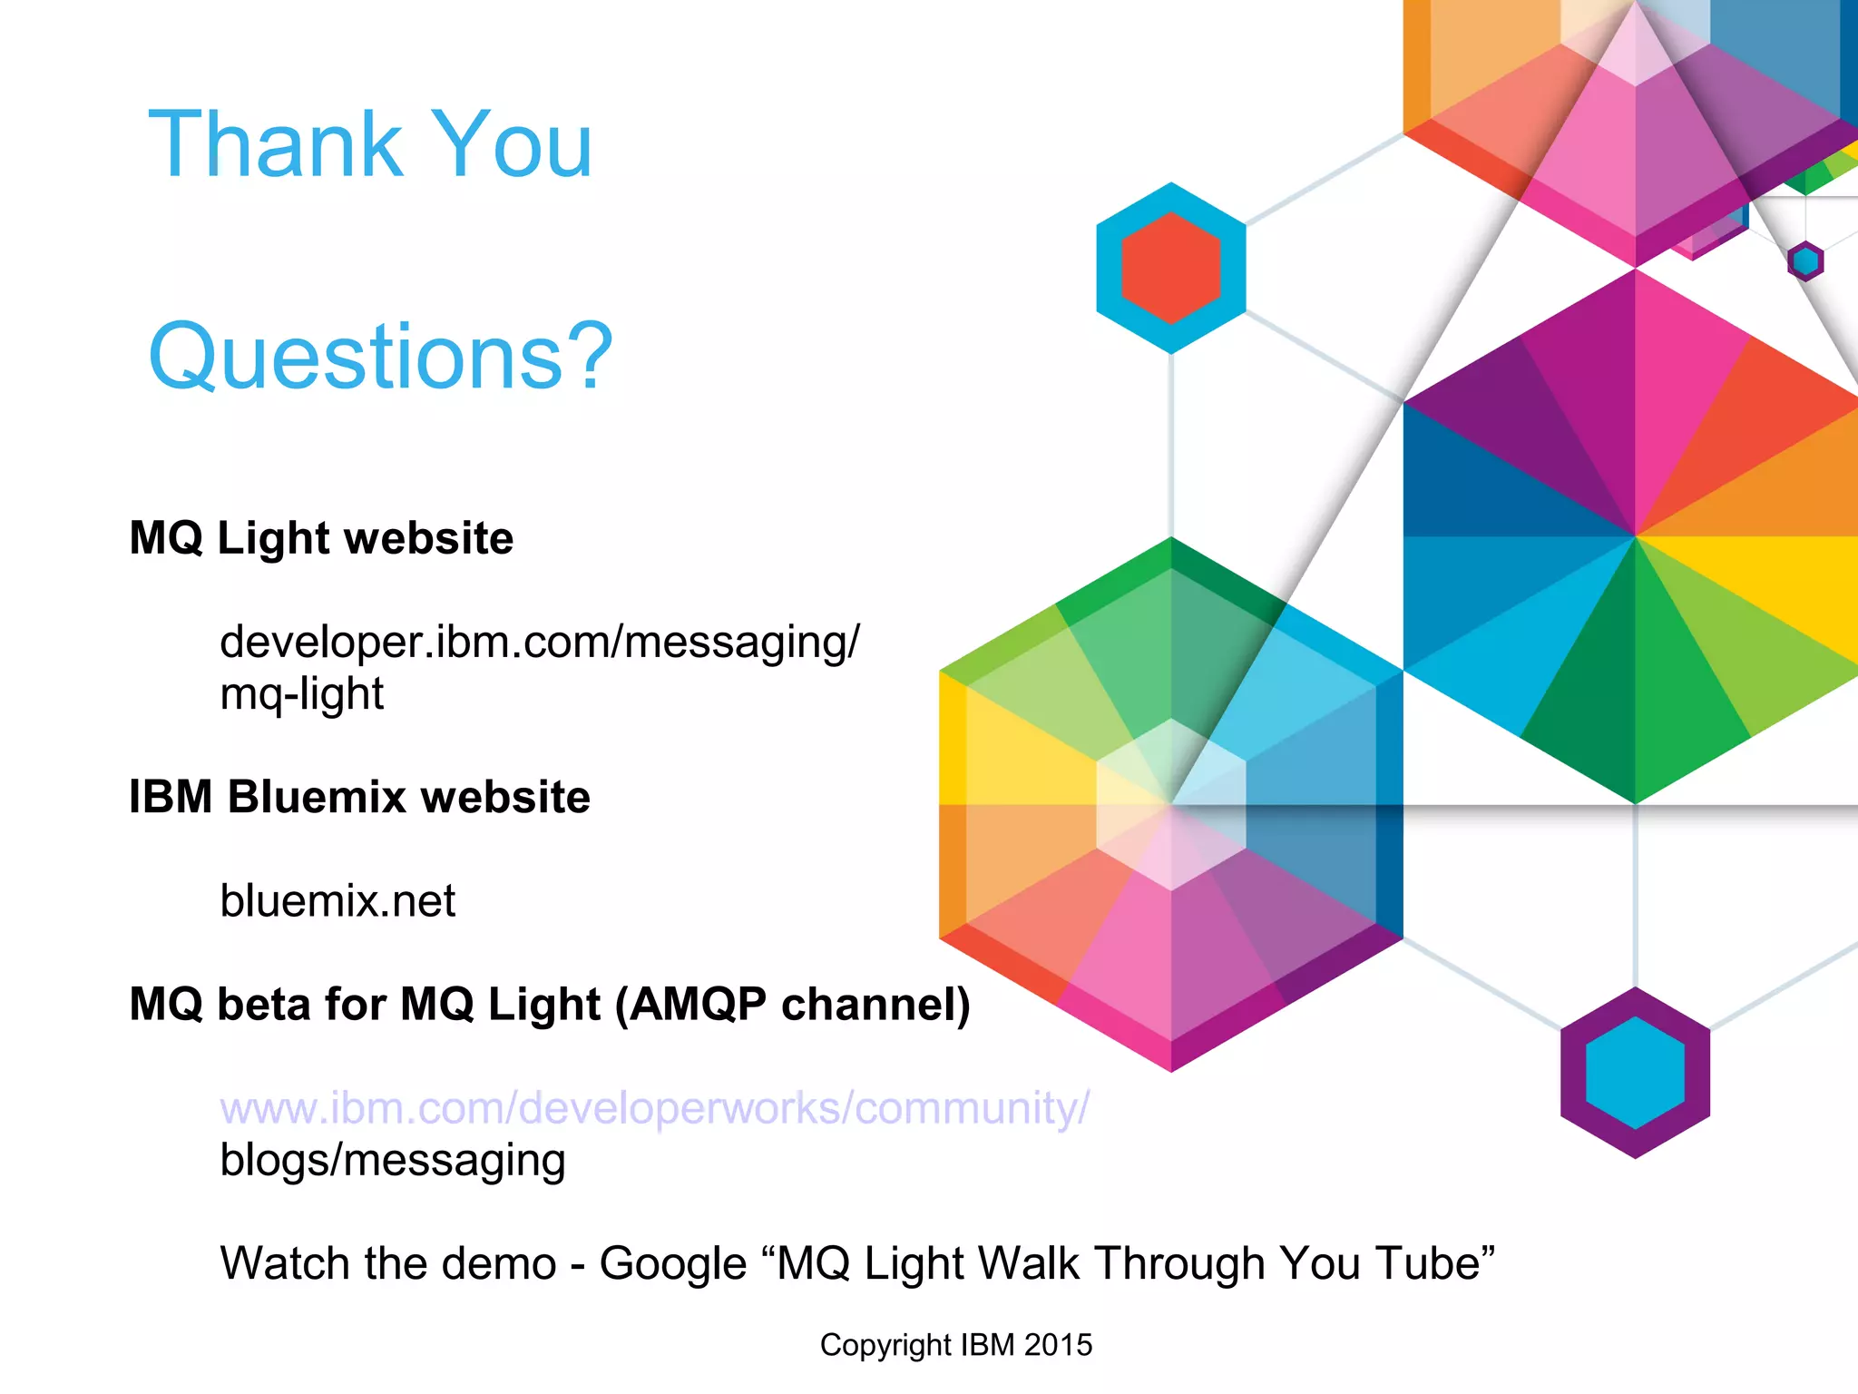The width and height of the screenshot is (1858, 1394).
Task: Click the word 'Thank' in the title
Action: click(x=275, y=144)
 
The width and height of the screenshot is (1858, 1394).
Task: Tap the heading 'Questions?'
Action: click(x=381, y=357)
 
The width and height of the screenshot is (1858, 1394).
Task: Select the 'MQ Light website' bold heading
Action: click(x=321, y=538)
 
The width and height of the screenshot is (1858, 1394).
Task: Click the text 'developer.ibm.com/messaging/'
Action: click(x=539, y=643)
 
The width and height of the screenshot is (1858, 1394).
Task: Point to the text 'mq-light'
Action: click(x=301, y=694)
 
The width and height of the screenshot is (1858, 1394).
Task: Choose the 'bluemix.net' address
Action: click(x=337, y=901)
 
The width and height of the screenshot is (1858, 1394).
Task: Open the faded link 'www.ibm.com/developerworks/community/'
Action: click(x=654, y=1108)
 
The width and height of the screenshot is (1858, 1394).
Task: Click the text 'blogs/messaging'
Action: click(x=392, y=1161)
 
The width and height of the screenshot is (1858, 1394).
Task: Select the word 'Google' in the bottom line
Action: click(x=672, y=1264)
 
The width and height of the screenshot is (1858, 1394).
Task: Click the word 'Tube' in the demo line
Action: click(x=1428, y=1264)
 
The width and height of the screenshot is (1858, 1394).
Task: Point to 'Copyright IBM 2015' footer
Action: click(x=955, y=1345)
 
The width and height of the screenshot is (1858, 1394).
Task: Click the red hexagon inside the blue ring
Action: click(x=1170, y=268)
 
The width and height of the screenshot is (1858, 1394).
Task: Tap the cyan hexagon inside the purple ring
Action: click(x=1635, y=1073)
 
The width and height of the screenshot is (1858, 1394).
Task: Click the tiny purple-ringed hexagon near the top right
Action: click(x=1805, y=261)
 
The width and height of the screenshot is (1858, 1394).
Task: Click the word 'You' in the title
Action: click(x=512, y=144)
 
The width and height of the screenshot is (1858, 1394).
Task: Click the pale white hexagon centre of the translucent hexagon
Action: click(x=1170, y=805)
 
